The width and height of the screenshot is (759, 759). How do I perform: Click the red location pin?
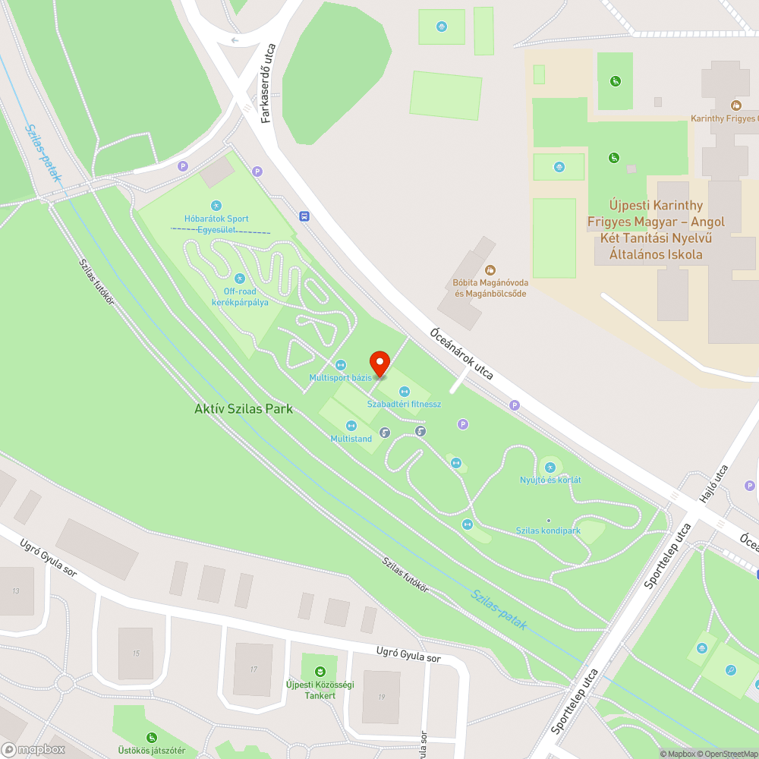(x=379, y=363)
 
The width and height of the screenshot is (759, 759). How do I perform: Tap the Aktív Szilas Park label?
(x=243, y=409)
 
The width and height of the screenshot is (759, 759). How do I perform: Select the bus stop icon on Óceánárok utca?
(x=304, y=216)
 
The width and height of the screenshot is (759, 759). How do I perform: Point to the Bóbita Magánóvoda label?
(x=490, y=288)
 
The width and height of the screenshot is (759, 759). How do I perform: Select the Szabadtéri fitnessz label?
(x=404, y=404)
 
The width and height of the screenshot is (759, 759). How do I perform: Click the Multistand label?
(x=351, y=439)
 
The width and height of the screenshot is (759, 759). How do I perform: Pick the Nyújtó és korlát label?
(x=550, y=480)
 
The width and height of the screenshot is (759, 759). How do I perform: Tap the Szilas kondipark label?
(x=548, y=531)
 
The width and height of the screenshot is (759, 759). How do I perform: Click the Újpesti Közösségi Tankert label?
(x=320, y=690)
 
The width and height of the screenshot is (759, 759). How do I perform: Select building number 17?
(x=253, y=669)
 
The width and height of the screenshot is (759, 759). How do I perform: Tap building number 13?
(x=15, y=591)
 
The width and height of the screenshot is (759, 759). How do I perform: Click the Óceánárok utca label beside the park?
(x=462, y=354)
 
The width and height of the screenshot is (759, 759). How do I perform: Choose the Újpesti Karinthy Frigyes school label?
(x=656, y=230)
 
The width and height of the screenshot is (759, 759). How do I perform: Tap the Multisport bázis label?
(x=340, y=377)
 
